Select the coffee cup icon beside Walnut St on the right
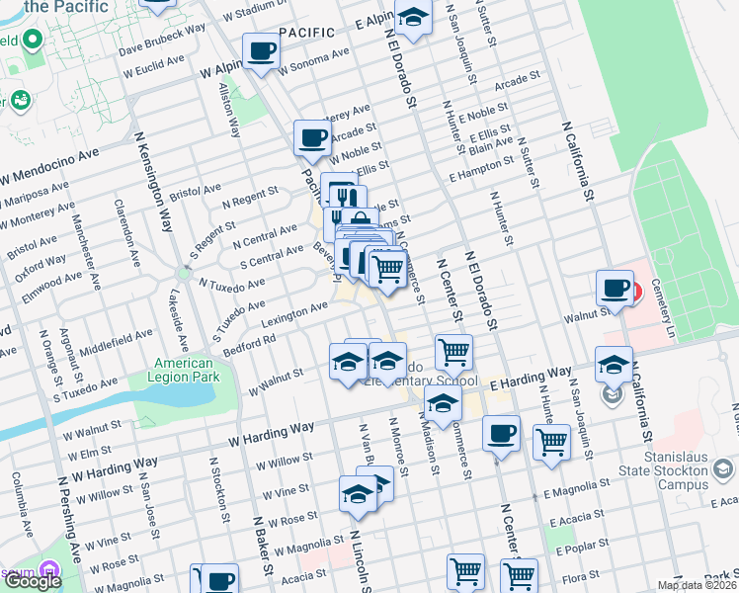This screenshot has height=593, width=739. pyautogui.click(x=615, y=289)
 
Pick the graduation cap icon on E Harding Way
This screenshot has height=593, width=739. pyautogui.click(x=615, y=365)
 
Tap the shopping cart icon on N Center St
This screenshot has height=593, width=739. pyautogui.click(x=453, y=351)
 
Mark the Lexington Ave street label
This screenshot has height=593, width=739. pyautogui.click(x=294, y=314)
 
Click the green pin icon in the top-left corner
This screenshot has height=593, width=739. pyautogui.click(x=33, y=41)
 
